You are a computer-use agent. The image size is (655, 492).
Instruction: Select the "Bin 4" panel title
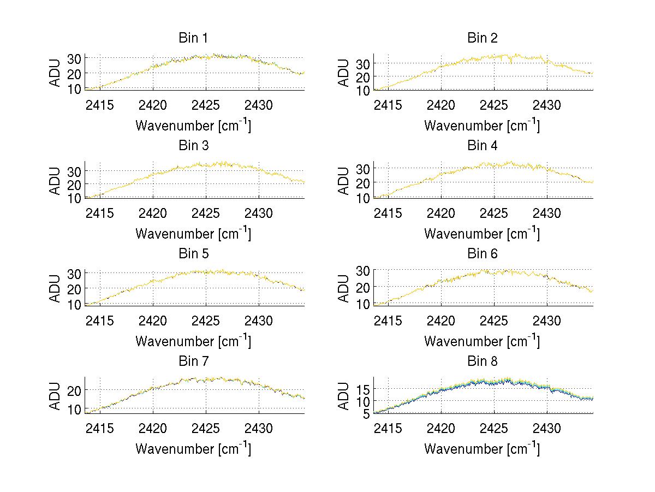pos(483,146)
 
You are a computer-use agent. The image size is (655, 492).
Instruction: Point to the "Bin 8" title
pos(483,361)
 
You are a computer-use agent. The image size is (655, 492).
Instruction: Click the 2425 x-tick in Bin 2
pos(495,104)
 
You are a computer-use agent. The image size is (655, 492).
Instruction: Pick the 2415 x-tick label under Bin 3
pos(100,212)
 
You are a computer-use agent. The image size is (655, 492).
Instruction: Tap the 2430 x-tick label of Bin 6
pos(547,320)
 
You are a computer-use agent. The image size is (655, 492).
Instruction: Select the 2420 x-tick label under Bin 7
pos(153,428)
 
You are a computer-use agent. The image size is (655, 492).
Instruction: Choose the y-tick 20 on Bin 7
pos(74,390)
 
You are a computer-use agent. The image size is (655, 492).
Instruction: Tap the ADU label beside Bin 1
pos(56,73)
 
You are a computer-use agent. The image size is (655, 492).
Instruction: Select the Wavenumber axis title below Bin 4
pos(482,233)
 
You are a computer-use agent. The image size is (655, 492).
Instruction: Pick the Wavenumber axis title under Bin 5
pos(193,341)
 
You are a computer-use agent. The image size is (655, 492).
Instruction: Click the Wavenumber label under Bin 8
pos(482,449)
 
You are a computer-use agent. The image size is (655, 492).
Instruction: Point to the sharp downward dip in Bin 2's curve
pos(511,63)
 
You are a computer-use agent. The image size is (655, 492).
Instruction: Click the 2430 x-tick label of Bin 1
pos(259,104)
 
